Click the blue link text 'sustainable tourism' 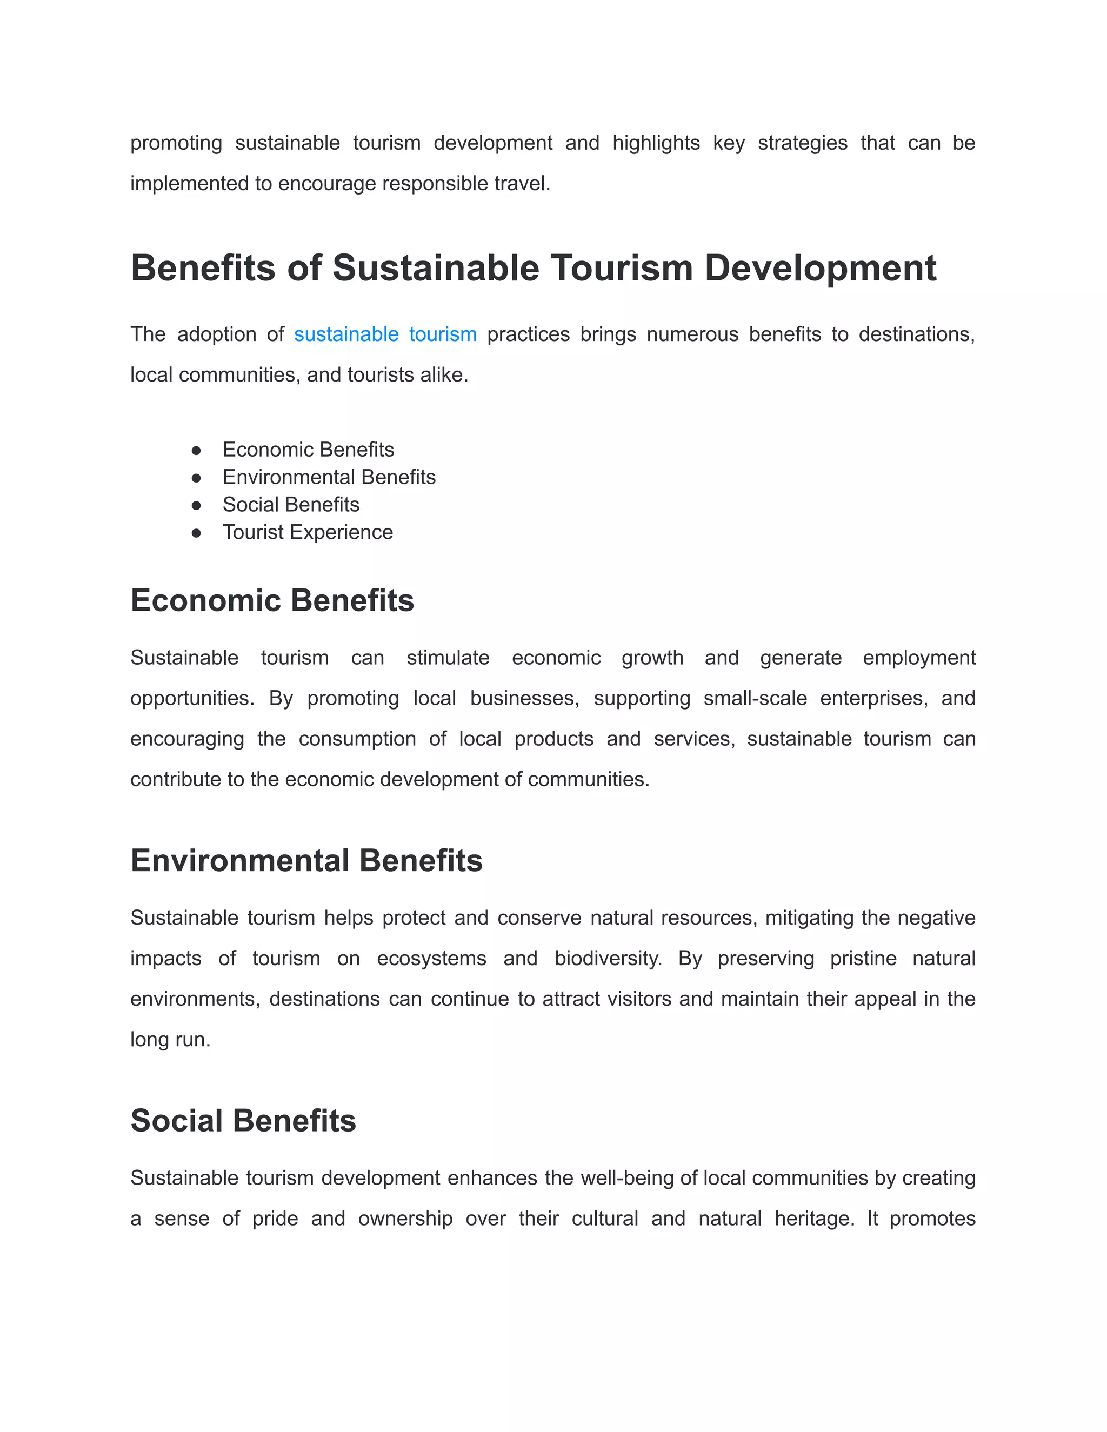pos(385,334)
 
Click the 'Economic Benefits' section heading pos(272,600)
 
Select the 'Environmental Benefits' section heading pos(306,861)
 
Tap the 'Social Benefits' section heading pos(243,1121)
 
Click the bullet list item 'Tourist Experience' pos(308,532)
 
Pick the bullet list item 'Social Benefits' pos(290,505)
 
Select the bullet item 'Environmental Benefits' pos(329,477)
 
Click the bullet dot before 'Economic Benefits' pos(196,451)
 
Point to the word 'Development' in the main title pos(820,268)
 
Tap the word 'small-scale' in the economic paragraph pos(755,698)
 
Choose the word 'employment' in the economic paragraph pos(919,658)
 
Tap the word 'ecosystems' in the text pos(431,959)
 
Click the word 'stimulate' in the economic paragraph pos(448,658)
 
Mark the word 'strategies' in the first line pos(802,143)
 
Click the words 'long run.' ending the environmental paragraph pos(170,1040)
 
